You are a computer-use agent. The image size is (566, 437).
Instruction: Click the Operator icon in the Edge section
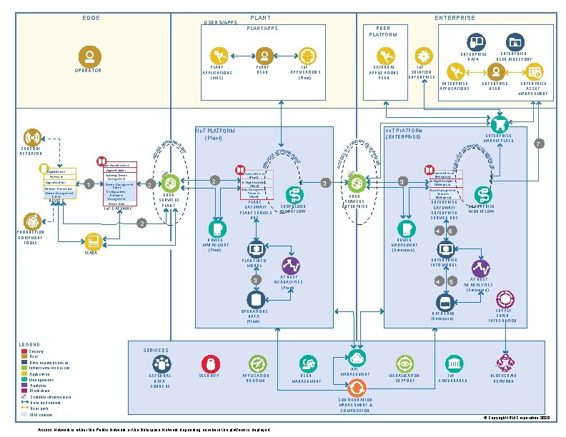click(89, 56)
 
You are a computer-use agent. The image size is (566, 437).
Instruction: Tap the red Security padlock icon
click(209, 363)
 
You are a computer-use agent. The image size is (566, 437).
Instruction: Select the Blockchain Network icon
click(505, 362)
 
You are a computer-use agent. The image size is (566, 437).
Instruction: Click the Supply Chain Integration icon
click(505, 298)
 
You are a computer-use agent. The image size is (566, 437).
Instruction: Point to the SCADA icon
click(92, 241)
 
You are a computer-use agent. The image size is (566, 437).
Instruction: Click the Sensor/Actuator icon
click(31, 136)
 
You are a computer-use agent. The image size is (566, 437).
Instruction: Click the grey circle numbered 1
click(88, 185)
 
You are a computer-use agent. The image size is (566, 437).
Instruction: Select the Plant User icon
click(264, 55)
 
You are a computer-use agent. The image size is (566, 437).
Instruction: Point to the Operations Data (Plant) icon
click(257, 300)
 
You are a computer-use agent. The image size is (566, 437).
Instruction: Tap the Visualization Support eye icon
click(404, 362)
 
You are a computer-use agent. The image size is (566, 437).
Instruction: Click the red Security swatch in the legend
click(24, 351)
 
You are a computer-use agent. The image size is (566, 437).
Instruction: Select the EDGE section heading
click(91, 17)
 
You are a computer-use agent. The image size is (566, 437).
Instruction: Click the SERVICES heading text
click(156, 351)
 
